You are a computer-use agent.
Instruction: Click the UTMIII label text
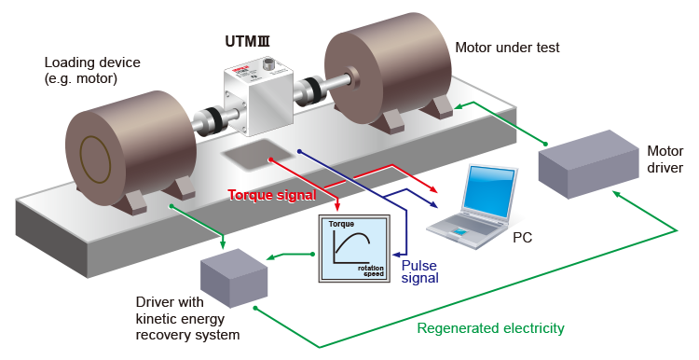(x=247, y=41)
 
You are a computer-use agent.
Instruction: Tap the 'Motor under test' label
(x=507, y=48)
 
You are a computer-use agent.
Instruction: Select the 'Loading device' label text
(x=92, y=62)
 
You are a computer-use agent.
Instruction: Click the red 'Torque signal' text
(x=272, y=195)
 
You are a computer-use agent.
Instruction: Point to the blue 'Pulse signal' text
(x=420, y=271)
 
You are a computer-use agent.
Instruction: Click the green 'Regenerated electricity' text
(x=490, y=328)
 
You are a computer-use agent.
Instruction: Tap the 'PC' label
(x=522, y=237)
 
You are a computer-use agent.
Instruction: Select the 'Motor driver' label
(x=665, y=159)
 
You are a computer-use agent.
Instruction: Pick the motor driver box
(x=588, y=164)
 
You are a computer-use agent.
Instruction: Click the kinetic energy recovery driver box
(x=234, y=278)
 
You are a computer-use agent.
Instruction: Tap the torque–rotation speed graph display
(x=354, y=248)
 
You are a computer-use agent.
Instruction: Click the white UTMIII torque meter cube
(x=258, y=99)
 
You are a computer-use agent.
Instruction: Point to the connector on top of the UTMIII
(x=268, y=62)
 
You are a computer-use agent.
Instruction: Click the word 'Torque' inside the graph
(x=341, y=224)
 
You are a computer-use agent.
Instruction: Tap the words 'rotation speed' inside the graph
(x=371, y=270)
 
